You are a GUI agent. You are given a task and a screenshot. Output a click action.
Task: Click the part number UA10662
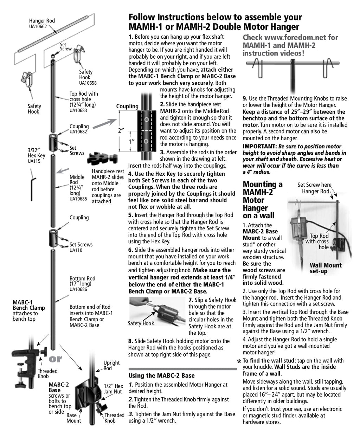tap(38, 26)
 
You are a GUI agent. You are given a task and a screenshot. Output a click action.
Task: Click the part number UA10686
tap(78, 289)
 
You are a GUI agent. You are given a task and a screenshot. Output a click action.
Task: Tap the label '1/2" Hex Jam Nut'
tap(113, 388)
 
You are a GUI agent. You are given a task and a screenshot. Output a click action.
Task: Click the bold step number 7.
tap(191, 300)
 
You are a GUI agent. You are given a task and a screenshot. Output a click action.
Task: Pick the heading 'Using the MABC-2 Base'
tap(161, 375)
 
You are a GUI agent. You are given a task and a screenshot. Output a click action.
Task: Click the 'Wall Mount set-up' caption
tap(325, 268)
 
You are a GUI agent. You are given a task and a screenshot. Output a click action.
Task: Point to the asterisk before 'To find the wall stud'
tap(239, 362)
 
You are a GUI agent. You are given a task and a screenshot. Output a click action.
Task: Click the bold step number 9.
tap(245, 99)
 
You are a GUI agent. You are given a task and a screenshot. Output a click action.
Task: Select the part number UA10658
tap(88, 83)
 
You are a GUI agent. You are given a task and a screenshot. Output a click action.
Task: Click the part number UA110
tap(76, 250)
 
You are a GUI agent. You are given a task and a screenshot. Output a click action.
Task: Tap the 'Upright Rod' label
tap(111, 365)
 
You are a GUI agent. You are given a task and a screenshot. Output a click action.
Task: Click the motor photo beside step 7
tap(156, 309)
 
